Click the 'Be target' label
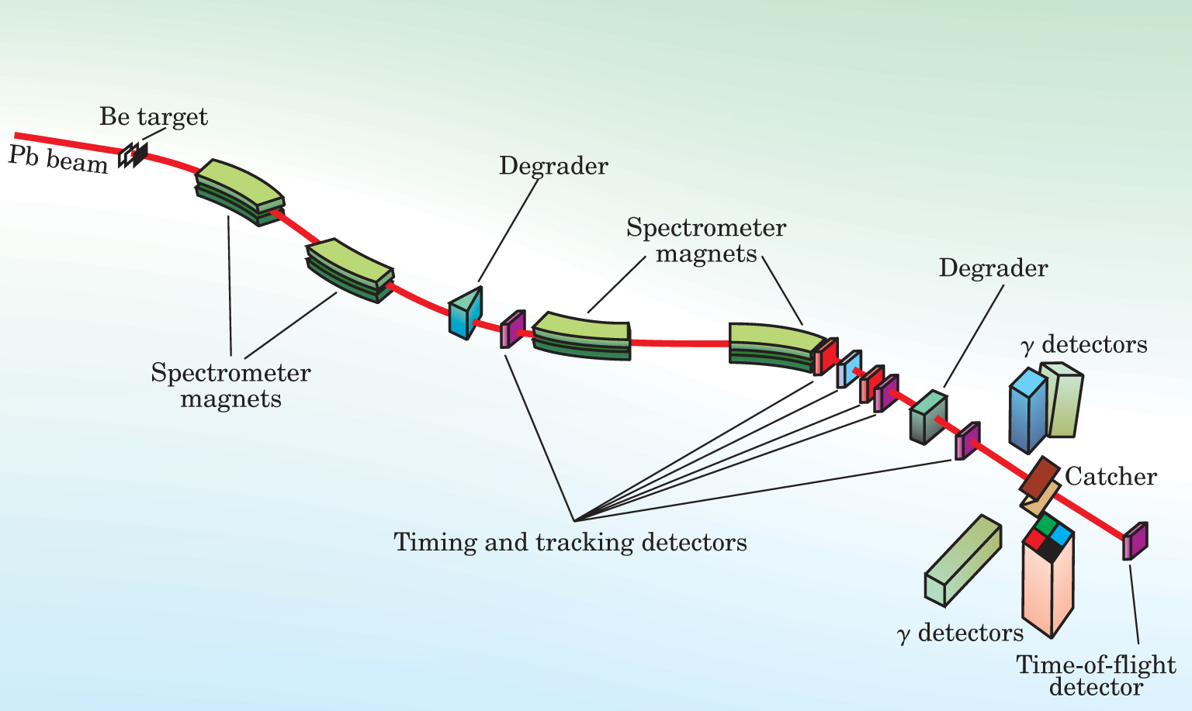pyautogui.click(x=154, y=117)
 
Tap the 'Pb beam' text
pyautogui.click(x=57, y=159)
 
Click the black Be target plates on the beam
pyautogui.click(x=133, y=155)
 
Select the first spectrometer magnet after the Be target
pyautogui.click(x=239, y=192)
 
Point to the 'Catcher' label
pyautogui.click(x=1111, y=476)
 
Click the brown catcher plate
pyautogui.click(x=1039, y=478)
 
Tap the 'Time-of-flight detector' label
pyautogui.click(x=1096, y=675)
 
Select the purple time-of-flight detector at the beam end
pyautogui.click(x=1135, y=541)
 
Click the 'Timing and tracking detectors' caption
pyautogui.click(x=570, y=541)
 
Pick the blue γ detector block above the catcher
pyautogui.click(x=1027, y=411)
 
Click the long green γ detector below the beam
pyautogui.click(x=962, y=560)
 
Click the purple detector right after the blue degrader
pyautogui.click(x=512, y=329)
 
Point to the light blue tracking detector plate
pyautogui.click(x=849, y=369)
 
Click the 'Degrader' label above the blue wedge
pyautogui.click(x=553, y=166)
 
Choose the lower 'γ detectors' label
pyautogui.click(x=960, y=633)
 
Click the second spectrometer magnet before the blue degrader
pyautogui.click(x=350, y=270)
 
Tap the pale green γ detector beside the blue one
pyautogui.click(x=1063, y=400)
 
